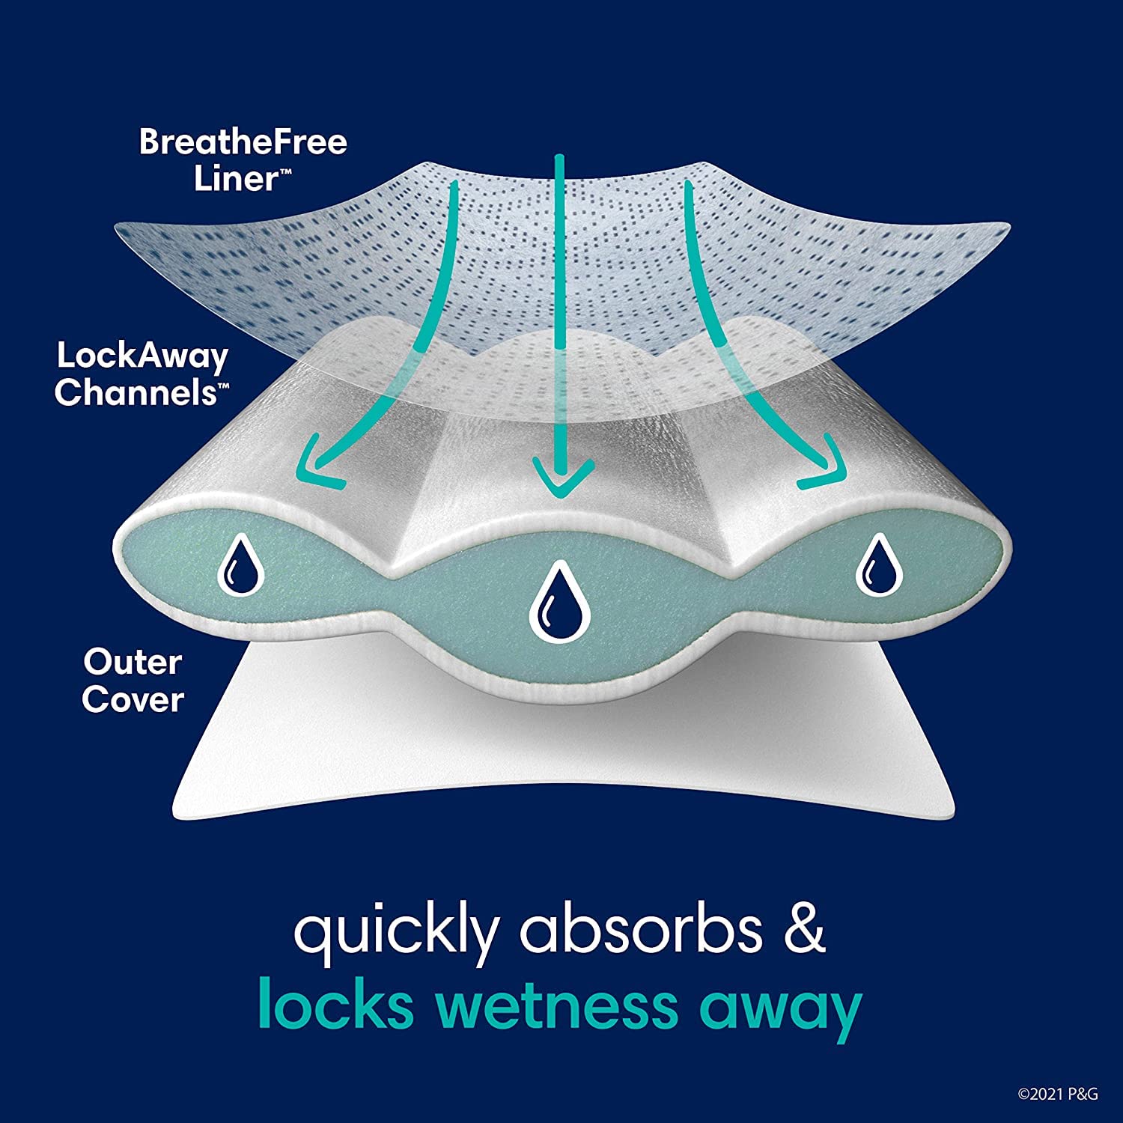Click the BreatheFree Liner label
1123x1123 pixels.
[x=242, y=160]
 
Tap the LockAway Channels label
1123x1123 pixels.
[x=141, y=374]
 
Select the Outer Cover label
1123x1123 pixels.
[x=133, y=681]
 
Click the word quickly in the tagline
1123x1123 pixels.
[x=395, y=931]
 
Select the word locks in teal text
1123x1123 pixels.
[x=335, y=1005]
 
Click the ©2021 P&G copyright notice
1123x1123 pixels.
[x=1057, y=1094]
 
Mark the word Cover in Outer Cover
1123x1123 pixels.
[x=133, y=699]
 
